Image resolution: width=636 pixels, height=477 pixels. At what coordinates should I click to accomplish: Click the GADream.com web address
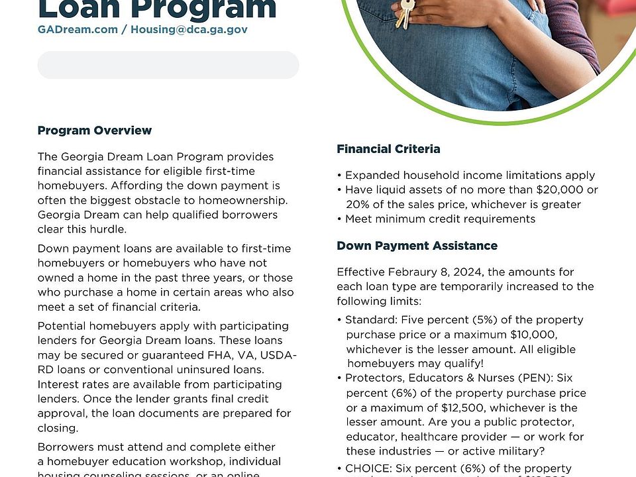click(x=78, y=30)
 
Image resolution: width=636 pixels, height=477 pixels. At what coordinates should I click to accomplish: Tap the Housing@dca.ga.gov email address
click(x=189, y=30)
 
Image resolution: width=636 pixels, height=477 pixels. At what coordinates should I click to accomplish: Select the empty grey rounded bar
click(x=168, y=65)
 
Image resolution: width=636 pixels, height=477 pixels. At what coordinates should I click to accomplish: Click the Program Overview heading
click(x=95, y=131)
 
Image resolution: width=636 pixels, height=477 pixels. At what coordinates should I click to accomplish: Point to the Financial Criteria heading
click(x=388, y=149)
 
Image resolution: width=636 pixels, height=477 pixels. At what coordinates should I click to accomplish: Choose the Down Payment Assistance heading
click(x=417, y=246)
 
